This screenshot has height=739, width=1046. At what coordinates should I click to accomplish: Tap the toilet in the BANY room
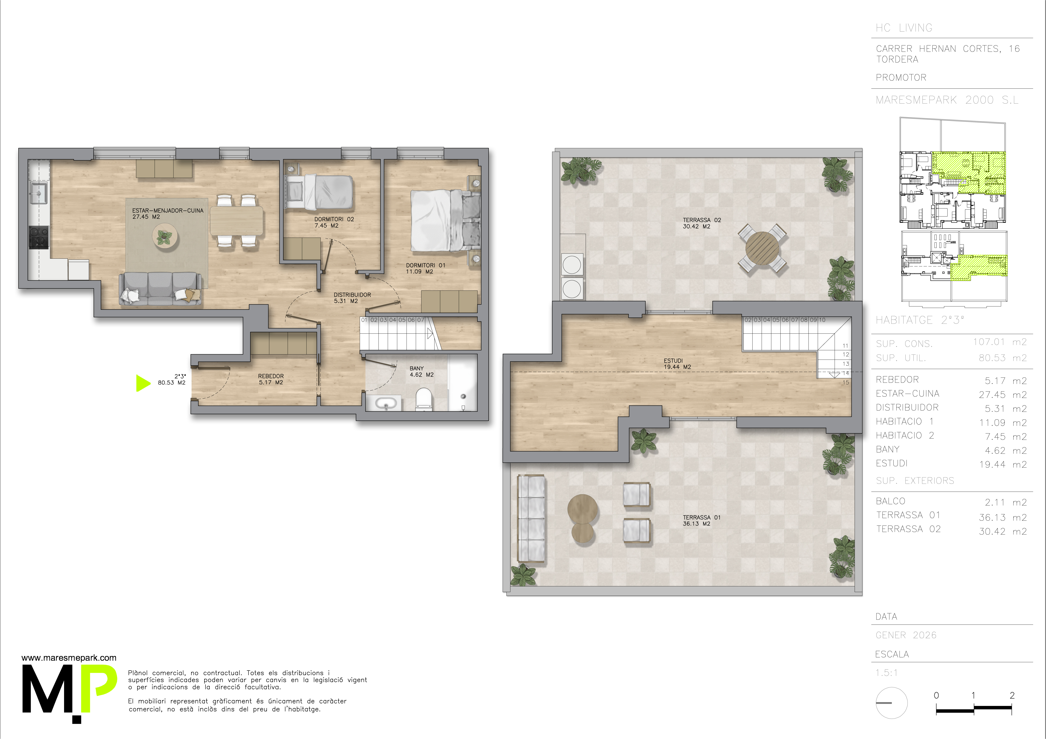coord(424,399)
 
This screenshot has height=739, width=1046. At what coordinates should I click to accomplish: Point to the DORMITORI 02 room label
coord(334,222)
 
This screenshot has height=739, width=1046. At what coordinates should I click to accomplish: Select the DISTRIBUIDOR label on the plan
coord(352,298)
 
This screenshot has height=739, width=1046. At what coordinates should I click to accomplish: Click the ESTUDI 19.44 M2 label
coord(677,364)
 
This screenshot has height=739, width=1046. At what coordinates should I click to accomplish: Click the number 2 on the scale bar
coord(1012,695)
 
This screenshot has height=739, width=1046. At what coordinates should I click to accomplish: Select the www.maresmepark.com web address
coord(69,658)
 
